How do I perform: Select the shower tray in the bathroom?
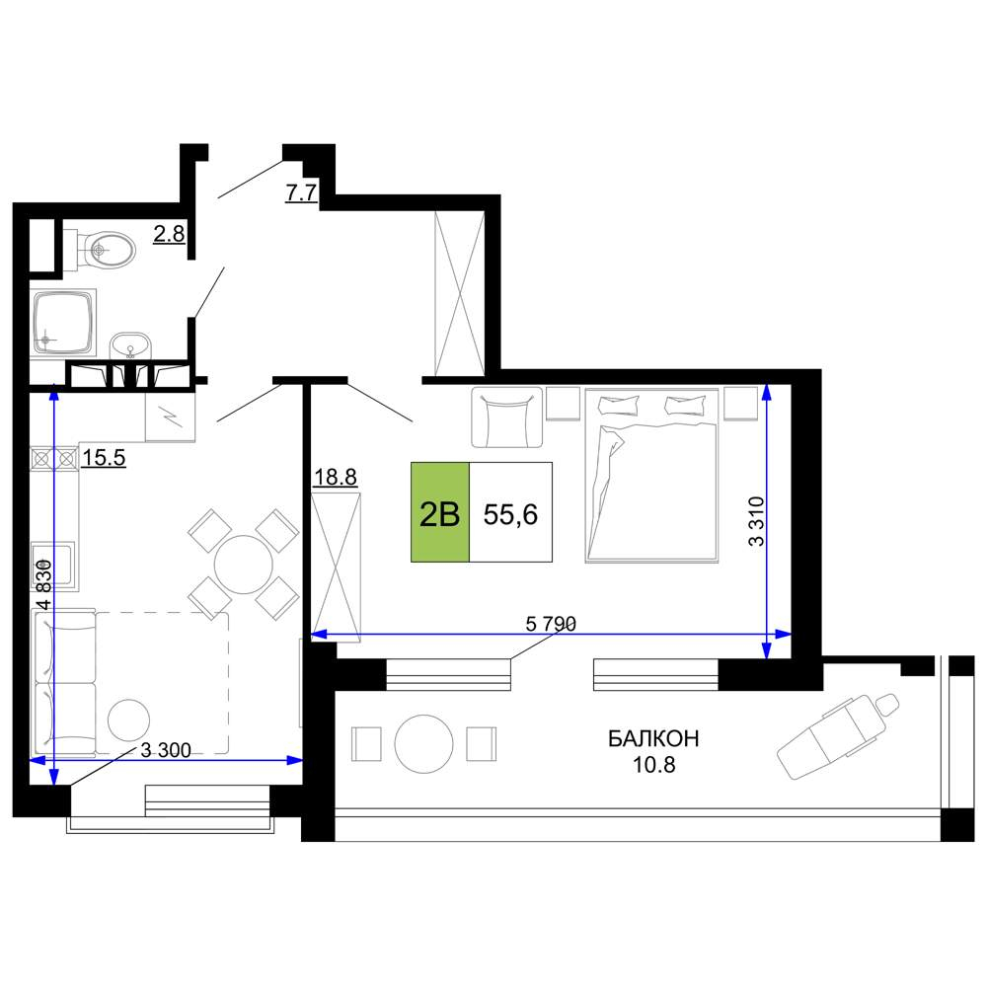(63, 323)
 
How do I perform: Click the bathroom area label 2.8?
(170, 234)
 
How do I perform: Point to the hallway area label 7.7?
(301, 192)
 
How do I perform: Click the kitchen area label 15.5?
(104, 458)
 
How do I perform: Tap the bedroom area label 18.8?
(336, 477)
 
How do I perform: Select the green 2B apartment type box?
(440, 511)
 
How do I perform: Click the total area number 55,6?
(510, 514)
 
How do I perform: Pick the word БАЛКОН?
(653, 737)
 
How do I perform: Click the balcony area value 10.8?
(654, 764)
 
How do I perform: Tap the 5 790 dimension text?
(551, 624)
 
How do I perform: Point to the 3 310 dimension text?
(756, 521)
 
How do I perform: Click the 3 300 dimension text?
(166, 750)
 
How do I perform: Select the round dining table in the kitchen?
(244, 564)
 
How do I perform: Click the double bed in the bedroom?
(652, 476)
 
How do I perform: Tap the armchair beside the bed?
(506, 418)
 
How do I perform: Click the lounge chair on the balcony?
(838, 736)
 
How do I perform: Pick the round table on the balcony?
(423, 744)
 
